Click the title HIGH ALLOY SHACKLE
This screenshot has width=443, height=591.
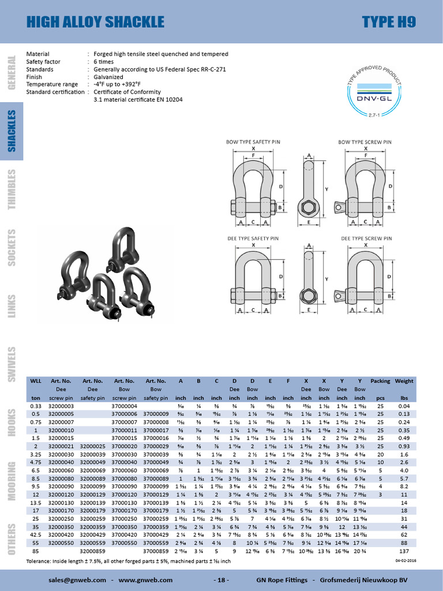tap(96, 23)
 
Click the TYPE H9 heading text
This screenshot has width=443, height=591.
tap(389, 23)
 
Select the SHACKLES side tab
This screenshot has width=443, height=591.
tap(12, 131)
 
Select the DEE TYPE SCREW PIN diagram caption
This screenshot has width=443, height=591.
tap(366, 238)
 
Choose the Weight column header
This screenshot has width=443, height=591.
tap(404, 381)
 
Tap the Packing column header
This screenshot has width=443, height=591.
tap(380, 381)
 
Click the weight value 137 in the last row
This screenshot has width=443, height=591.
tap(404, 551)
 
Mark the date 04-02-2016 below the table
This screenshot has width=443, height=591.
tap(405, 560)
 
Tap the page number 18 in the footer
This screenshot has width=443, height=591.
tap(221, 579)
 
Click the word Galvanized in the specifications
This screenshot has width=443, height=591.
tap(108, 77)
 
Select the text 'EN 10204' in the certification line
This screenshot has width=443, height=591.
tap(167, 99)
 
